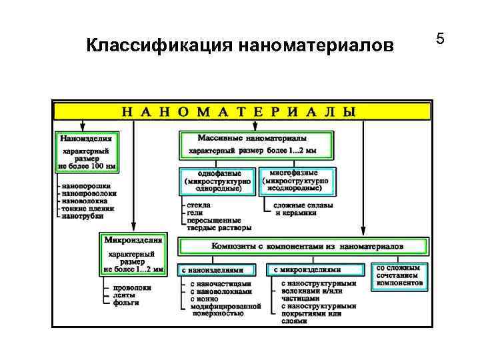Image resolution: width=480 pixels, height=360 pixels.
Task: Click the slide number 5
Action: [440, 39]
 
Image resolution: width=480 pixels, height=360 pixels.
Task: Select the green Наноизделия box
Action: [86, 153]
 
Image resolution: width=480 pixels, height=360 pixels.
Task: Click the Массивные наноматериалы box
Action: [257, 145]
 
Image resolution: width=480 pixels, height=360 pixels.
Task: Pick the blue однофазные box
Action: [218, 180]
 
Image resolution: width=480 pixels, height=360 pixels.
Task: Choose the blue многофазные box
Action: [297, 180]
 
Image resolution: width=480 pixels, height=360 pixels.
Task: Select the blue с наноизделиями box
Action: [219, 270]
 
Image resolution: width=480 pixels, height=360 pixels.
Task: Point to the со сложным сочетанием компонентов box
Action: [400, 275]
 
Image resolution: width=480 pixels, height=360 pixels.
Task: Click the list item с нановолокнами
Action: [221, 291]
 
